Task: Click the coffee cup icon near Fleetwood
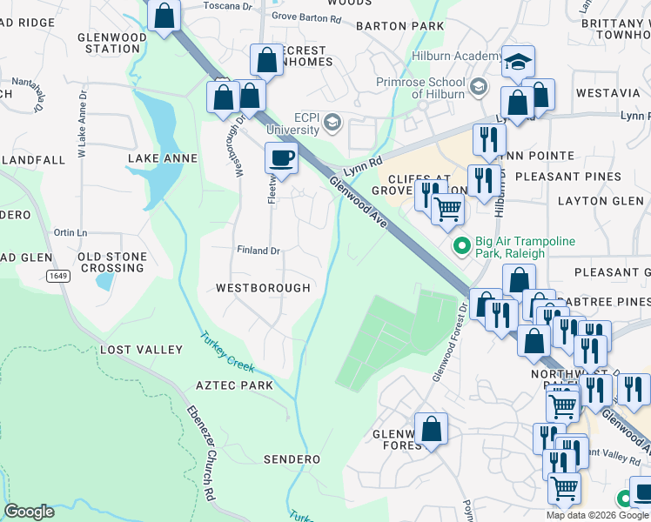pos(280,158)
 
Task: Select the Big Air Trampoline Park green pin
pos(461,247)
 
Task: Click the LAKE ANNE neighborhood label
pos(163,158)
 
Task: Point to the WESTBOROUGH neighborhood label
pos(263,288)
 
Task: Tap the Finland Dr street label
pos(258,251)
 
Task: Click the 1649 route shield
pos(58,276)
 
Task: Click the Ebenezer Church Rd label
pos(200,452)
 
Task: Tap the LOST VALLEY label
pos(141,350)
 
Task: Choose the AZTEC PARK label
pos(234,385)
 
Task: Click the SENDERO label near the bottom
pos(292,458)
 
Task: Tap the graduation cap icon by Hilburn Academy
pos(518,61)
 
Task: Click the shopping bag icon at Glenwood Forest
pos(431,429)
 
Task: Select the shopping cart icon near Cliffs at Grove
pos(447,209)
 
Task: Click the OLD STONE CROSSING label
pos(111,262)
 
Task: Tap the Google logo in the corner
pos(29,512)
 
